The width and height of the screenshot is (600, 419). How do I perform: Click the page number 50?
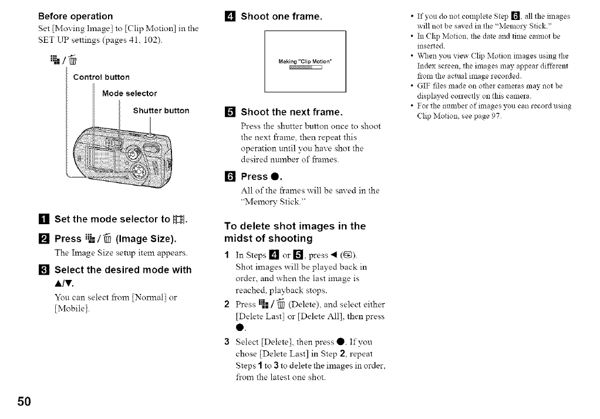[23, 401]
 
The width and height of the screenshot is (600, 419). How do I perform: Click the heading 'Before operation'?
[75, 16]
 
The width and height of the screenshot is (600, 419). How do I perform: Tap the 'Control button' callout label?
[101, 77]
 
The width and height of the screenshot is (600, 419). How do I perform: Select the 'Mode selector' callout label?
[129, 93]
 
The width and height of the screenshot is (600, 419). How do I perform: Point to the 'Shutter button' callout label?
[161, 110]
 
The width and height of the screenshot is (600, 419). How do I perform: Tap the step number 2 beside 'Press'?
[43, 239]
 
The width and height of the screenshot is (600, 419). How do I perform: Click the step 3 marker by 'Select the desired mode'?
[43, 270]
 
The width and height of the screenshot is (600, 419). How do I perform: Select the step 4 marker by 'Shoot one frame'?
[231, 16]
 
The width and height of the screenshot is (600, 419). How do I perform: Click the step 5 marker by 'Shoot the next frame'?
[231, 112]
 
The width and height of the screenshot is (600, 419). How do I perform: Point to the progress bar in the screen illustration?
[306, 67]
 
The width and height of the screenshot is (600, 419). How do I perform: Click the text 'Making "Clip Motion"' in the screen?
[305, 61]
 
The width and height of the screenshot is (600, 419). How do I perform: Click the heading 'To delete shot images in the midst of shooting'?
[295, 232]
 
